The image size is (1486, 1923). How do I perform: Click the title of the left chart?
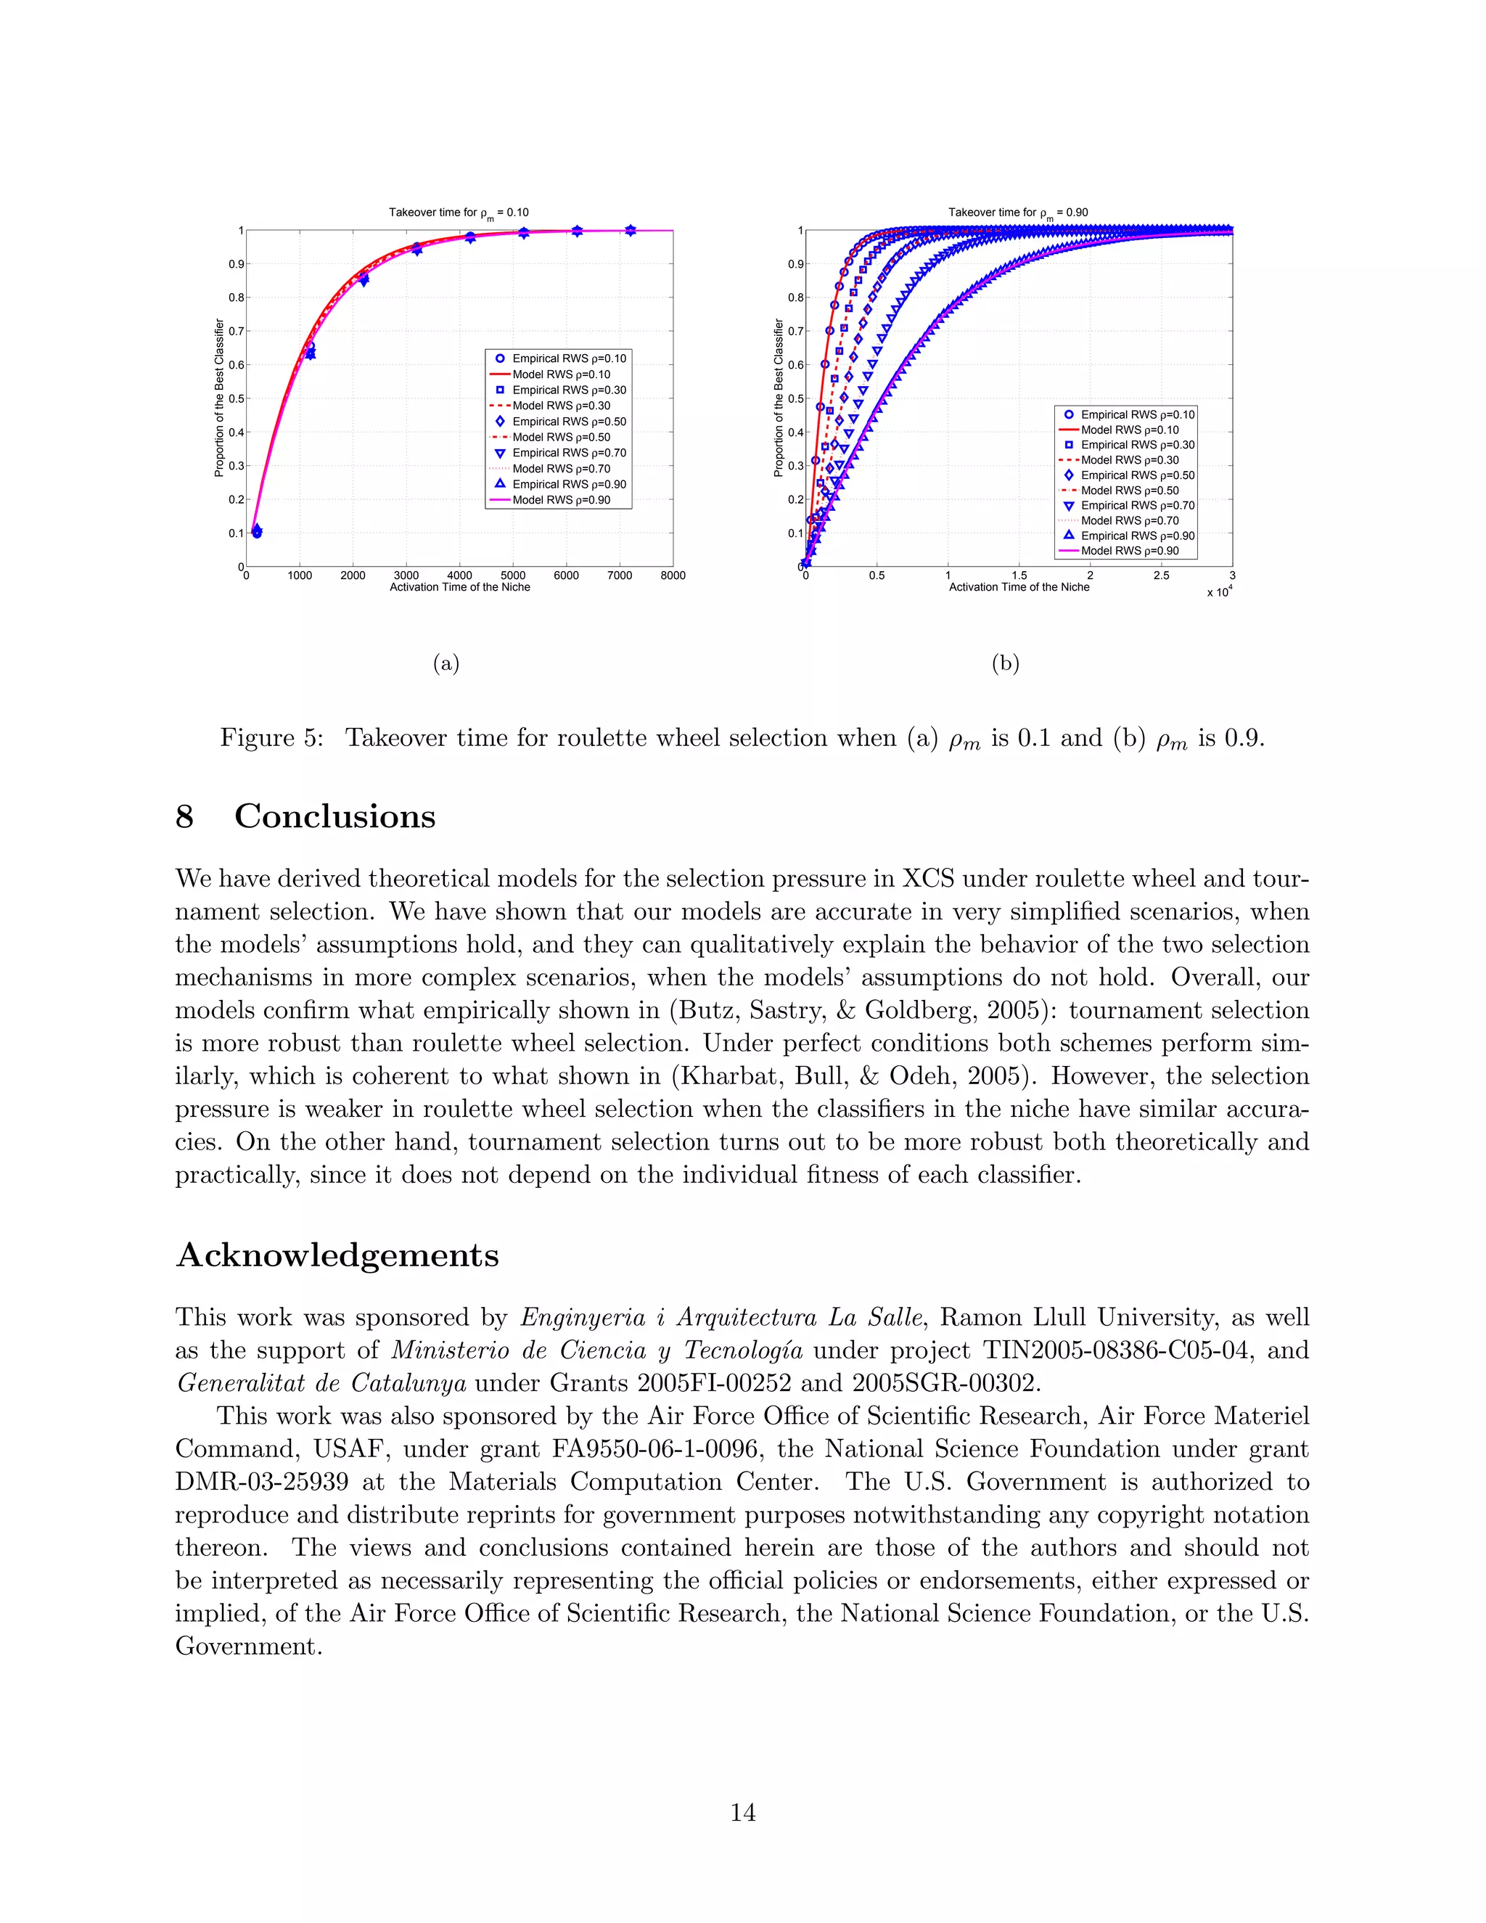point(459,212)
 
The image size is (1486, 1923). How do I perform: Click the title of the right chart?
point(1018,212)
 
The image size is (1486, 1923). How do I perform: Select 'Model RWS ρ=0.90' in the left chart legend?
point(561,500)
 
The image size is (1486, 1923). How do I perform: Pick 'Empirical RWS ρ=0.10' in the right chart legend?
point(1138,414)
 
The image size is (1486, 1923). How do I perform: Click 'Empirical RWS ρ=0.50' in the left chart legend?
point(569,422)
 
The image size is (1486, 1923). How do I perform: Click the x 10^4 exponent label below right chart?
point(1218,593)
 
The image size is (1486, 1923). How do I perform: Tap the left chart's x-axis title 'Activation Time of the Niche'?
point(459,587)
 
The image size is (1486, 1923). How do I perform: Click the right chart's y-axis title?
point(779,398)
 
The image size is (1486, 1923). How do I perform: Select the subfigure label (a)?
point(446,663)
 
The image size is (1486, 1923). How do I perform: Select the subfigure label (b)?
point(1006,663)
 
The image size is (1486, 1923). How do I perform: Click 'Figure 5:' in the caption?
point(271,738)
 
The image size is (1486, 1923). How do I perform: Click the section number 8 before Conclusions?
point(185,816)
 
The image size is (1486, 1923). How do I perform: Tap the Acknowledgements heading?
point(337,1255)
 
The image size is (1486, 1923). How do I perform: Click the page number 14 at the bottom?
point(742,1812)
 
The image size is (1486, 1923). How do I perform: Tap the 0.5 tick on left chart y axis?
point(236,399)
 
